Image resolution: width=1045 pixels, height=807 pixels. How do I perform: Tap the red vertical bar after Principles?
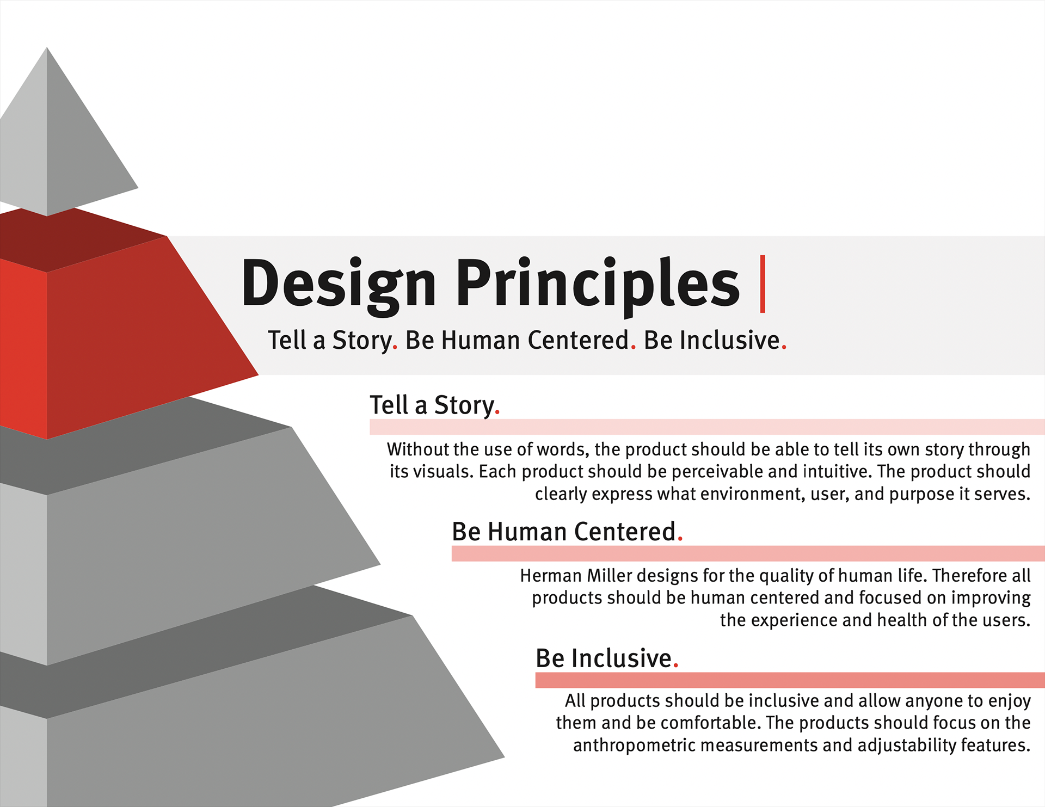coord(763,284)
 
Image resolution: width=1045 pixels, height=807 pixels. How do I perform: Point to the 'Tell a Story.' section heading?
coord(435,405)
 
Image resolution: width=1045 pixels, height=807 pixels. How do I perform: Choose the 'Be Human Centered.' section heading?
coord(567,532)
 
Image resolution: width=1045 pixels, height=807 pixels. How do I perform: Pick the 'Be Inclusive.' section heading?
coord(607,658)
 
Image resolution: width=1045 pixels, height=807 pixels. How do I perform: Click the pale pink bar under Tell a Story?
coord(707,427)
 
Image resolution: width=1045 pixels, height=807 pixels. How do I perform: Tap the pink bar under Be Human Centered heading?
coord(748,553)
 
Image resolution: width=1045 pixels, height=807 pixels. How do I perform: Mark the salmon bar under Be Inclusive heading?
coord(790,680)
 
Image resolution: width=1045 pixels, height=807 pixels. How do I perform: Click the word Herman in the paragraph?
coord(551,576)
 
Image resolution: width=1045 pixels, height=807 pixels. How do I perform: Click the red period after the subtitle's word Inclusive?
coord(784,347)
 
